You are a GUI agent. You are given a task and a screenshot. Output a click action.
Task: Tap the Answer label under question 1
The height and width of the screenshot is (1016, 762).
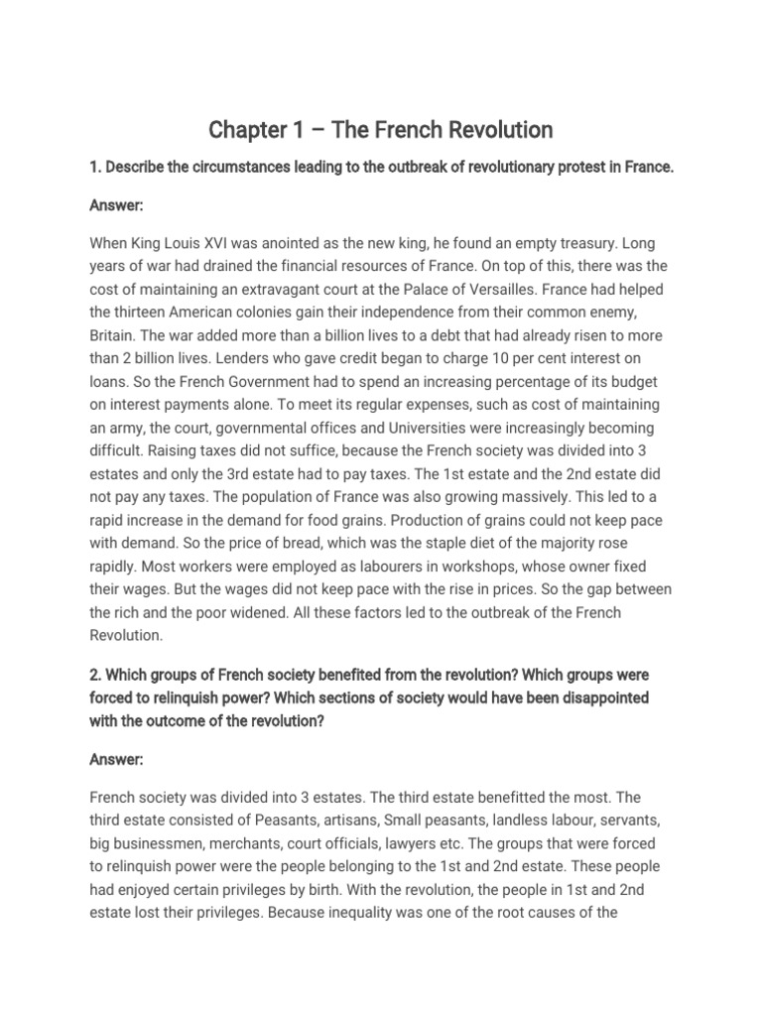click(116, 205)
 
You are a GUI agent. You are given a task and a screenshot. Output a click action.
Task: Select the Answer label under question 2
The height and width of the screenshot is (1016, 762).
click(116, 760)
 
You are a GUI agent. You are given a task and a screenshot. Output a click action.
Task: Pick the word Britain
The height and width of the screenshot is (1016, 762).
click(113, 336)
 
